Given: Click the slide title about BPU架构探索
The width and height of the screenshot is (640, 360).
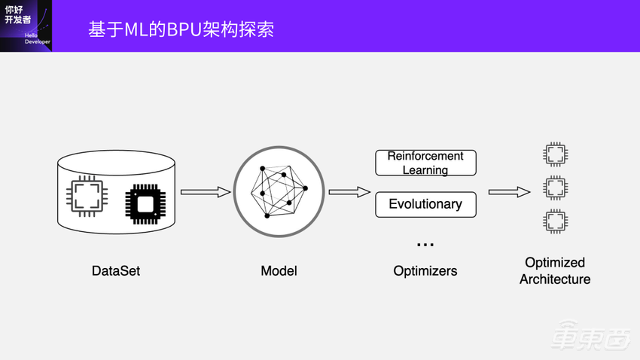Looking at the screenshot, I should click(181, 29).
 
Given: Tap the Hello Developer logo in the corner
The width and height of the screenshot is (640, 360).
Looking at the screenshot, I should click(26, 26).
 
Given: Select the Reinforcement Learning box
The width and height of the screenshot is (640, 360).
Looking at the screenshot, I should click(425, 163).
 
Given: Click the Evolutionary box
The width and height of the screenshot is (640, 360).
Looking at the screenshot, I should click(425, 204).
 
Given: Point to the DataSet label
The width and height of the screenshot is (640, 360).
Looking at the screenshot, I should click(116, 271).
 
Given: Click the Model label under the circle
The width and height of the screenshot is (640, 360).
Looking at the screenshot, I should click(279, 271).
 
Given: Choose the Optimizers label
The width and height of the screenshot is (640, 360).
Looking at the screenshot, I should click(425, 271).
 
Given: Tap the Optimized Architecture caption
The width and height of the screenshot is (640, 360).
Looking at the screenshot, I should click(555, 271).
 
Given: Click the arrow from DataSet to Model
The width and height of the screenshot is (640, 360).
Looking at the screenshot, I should click(206, 192).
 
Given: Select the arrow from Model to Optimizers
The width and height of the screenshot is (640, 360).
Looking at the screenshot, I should click(349, 192).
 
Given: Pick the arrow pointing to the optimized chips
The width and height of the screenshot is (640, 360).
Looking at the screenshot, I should click(509, 192).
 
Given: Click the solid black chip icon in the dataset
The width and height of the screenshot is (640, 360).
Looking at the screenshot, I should click(145, 203).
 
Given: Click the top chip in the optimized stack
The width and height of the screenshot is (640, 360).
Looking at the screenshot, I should click(555, 155).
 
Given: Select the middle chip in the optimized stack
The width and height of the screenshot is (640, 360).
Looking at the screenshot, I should click(555, 187).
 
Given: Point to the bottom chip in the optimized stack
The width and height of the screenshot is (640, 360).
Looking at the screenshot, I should click(555, 221).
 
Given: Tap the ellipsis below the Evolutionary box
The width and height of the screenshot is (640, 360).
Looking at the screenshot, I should click(425, 245).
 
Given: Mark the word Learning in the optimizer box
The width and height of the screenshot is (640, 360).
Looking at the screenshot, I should click(425, 170).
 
